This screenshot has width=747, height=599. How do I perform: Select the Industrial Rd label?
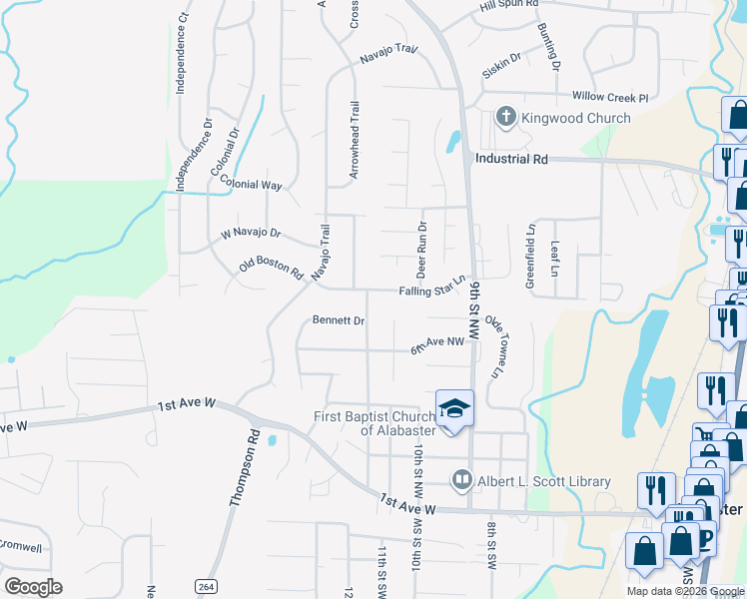point(512,159)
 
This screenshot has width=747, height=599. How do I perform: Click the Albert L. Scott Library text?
point(543,482)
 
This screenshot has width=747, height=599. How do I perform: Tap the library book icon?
point(461,481)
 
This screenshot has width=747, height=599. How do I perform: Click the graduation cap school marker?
point(454,409)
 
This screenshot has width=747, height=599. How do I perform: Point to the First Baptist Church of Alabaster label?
point(372,423)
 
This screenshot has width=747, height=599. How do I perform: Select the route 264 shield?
point(206,586)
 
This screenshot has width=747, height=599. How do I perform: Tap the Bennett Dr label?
point(339,321)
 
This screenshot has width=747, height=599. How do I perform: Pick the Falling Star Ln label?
point(433,289)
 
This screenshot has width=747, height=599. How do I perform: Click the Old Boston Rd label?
point(271,270)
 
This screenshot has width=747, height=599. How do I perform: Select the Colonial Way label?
point(252,185)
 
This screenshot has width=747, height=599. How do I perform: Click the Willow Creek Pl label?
point(610,97)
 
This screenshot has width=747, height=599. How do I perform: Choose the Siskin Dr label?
point(500,62)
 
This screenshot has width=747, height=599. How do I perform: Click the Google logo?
point(34,586)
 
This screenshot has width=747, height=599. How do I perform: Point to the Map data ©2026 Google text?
point(684,591)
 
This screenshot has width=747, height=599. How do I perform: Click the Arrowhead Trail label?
point(354,140)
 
